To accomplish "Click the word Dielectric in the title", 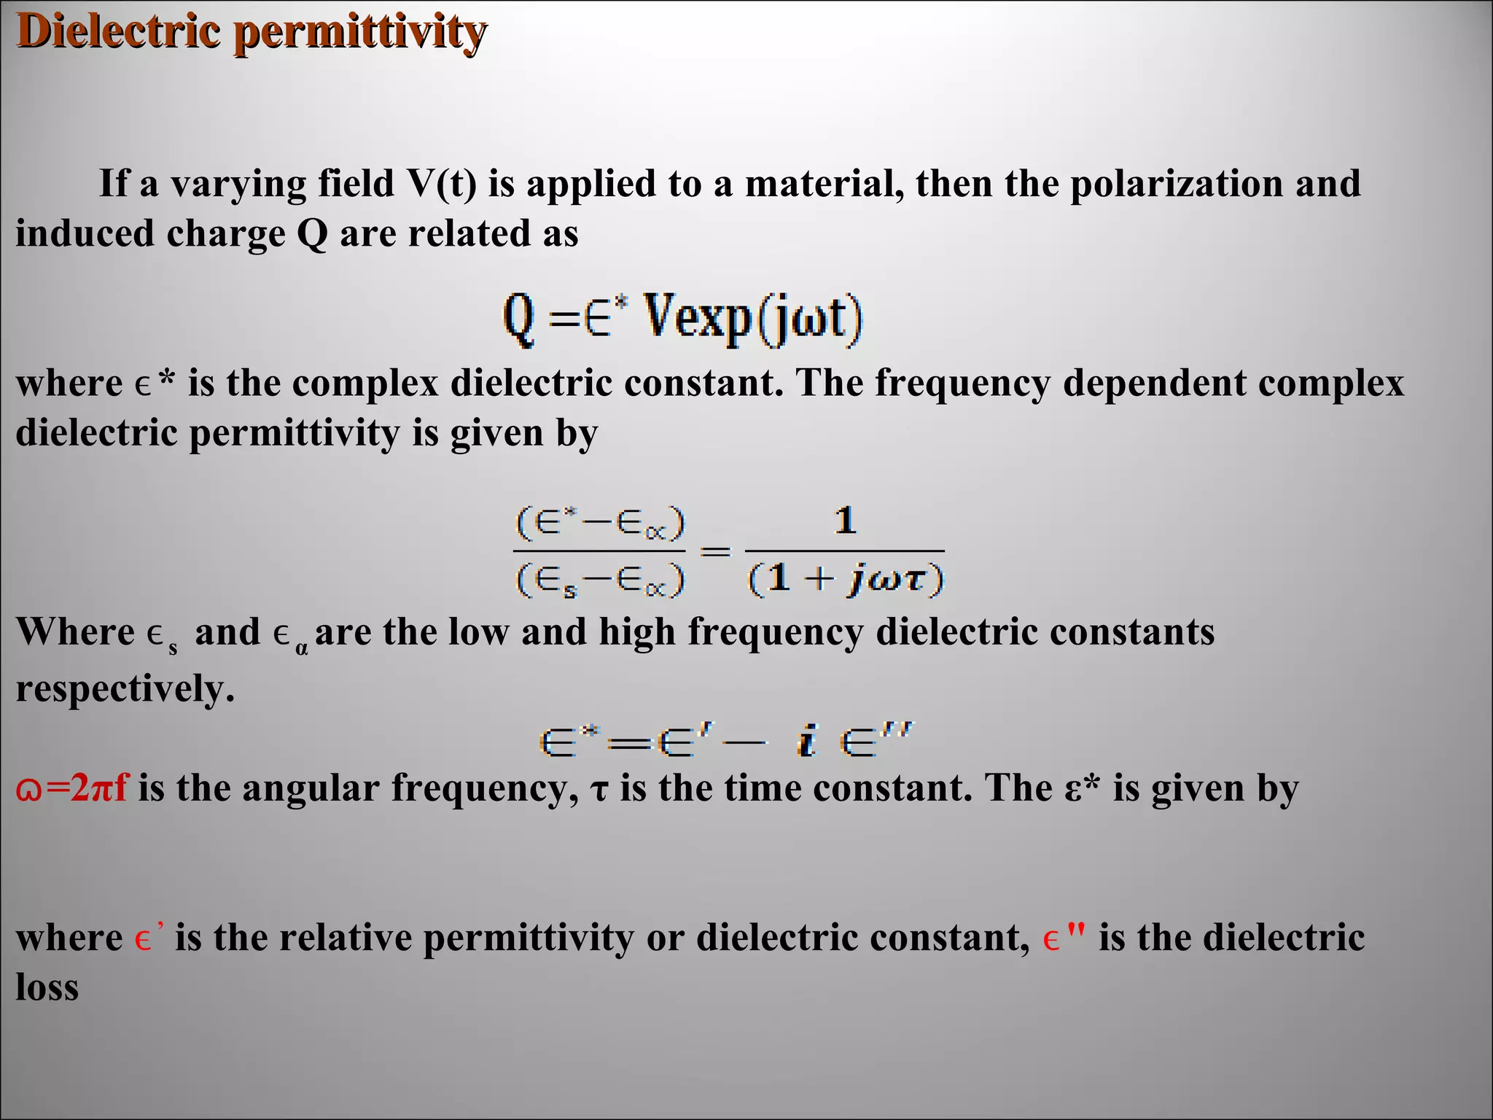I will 117,32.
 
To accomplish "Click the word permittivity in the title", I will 360,34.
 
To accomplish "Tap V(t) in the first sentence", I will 441,183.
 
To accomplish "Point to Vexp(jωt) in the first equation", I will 754,319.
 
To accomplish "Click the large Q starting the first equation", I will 519,320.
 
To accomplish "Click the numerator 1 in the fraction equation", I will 845,521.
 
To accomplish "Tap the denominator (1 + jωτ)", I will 846,579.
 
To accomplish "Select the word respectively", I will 125,688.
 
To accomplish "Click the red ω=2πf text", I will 71,787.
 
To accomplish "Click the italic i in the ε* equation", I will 806,741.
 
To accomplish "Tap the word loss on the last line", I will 47,987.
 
